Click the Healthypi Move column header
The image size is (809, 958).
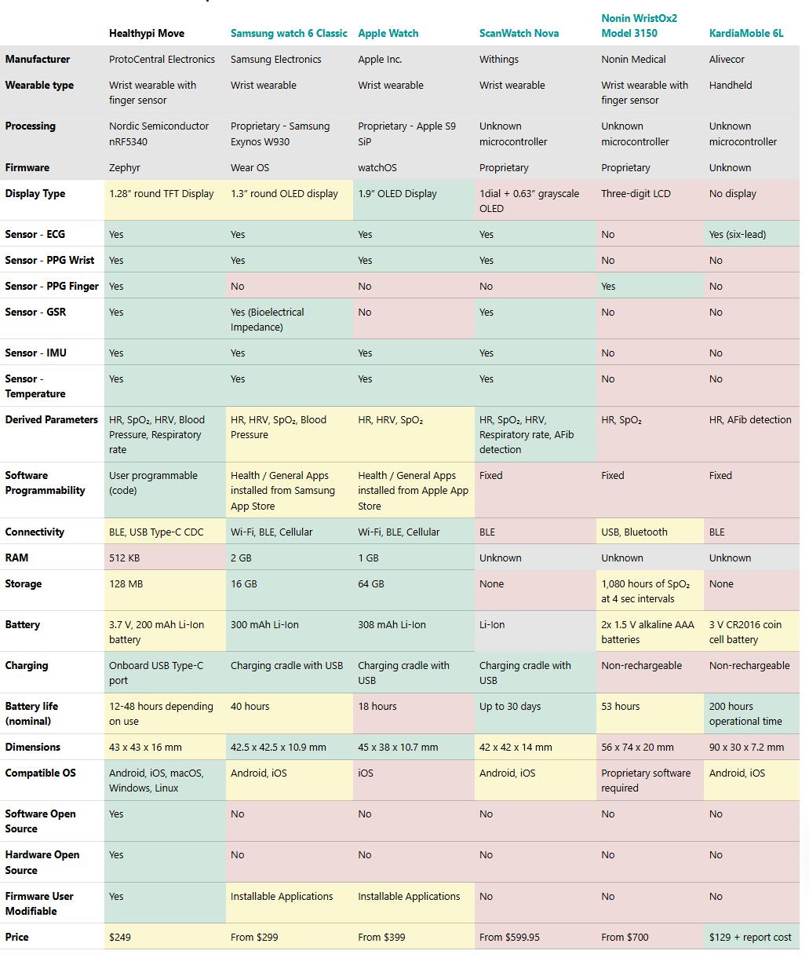tap(148, 34)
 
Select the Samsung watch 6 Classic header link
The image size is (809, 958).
tap(289, 34)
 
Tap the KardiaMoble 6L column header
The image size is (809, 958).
tap(745, 34)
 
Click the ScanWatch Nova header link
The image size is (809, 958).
tap(519, 34)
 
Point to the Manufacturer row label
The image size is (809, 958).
tap(38, 60)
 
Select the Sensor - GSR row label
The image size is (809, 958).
tap(35, 313)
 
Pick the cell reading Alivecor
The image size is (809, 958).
tap(727, 60)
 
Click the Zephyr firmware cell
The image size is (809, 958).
tap(126, 168)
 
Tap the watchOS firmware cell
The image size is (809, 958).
tap(377, 168)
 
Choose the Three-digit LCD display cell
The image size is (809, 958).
tap(636, 194)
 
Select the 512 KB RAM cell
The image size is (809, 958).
tap(125, 558)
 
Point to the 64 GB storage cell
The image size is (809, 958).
tap(371, 584)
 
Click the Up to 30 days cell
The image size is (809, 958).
tap(510, 707)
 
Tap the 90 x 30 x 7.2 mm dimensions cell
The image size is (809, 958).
tap(746, 748)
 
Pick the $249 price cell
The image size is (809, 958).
tap(120, 938)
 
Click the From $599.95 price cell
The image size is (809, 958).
tap(509, 938)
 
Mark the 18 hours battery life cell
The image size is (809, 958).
tap(377, 707)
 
